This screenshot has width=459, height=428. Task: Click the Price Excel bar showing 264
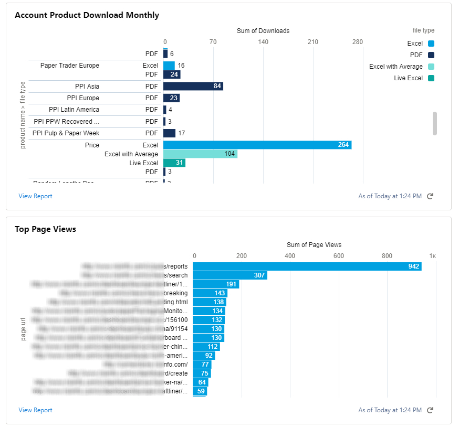click(x=257, y=145)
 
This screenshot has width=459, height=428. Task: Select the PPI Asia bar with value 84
click(x=193, y=86)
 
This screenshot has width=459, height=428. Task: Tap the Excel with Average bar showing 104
click(x=200, y=154)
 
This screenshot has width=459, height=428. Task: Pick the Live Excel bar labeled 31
click(x=174, y=163)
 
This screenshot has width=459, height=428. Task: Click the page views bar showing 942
click(x=307, y=266)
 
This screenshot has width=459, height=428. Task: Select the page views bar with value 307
click(x=230, y=275)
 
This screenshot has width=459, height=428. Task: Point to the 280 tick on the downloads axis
click(x=358, y=42)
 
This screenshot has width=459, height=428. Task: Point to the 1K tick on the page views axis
click(x=432, y=256)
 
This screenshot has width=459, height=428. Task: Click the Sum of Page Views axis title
click(x=314, y=245)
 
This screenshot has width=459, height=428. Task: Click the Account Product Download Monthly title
click(x=87, y=15)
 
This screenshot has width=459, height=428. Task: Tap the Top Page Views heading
click(x=45, y=229)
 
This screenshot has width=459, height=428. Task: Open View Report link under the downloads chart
click(x=35, y=196)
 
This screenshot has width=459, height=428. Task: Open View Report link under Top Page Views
click(x=35, y=410)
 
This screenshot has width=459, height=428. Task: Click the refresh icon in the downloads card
click(x=430, y=196)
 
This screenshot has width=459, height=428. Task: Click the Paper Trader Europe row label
click(x=70, y=66)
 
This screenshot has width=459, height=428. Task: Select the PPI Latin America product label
click(x=74, y=110)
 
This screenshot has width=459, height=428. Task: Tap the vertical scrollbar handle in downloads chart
click(x=435, y=123)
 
